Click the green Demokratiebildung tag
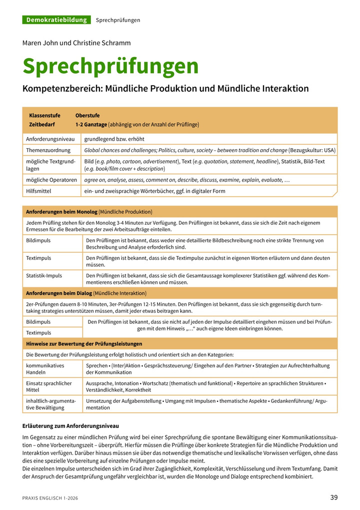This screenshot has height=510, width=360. tap(56, 20)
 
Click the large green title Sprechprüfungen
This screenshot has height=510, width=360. tap(110, 67)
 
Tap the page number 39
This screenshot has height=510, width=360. tap(334, 497)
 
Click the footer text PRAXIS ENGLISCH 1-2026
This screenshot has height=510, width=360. tap(50, 498)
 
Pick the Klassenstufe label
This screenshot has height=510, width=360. tap(44, 116)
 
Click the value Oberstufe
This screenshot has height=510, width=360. tap(87, 116)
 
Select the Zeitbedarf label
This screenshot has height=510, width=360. tap(42, 124)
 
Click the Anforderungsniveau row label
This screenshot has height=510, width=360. tap(50, 139)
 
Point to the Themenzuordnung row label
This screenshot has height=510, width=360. tap(48, 150)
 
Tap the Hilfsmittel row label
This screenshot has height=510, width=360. tap(38, 191)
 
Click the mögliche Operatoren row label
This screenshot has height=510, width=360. tap(51, 180)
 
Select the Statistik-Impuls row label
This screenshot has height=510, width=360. tap(44, 275)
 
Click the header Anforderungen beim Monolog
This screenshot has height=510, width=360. tap(61, 212)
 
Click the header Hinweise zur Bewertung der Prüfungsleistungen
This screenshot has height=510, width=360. tap(84, 344)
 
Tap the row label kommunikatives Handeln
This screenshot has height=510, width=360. tap(45, 369)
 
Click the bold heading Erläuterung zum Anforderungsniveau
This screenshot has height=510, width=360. tap(70, 426)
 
